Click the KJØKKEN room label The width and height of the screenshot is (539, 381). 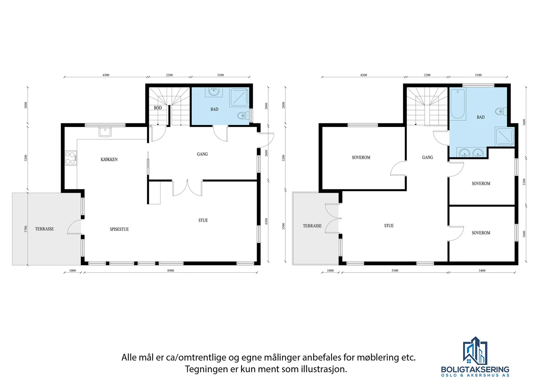pyautogui.click(x=109, y=160)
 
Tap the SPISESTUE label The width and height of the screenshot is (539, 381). pyautogui.click(x=119, y=229)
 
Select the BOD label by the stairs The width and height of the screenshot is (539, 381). pyautogui.click(x=158, y=108)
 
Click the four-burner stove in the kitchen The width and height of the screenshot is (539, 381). pyautogui.click(x=71, y=158)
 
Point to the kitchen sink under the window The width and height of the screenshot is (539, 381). pyautogui.click(x=105, y=132)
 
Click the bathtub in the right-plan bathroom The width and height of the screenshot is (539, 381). pyautogui.click(x=457, y=104)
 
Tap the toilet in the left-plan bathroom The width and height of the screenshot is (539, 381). pyautogui.click(x=242, y=116)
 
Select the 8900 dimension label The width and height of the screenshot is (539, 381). pyautogui.click(x=170, y=270)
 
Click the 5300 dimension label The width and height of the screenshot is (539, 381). pyautogui.click(x=395, y=270)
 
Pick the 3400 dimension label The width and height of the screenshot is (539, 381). pyautogui.click(x=482, y=270)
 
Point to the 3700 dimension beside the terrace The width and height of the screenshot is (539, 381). pyautogui.click(x=26, y=229)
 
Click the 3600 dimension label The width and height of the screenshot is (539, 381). pyautogui.click(x=524, y=122)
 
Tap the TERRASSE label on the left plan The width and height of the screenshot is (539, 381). pyautogui.click(x=44, y=229)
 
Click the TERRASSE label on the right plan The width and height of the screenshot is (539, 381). pyautogui.click(x=312, y=226)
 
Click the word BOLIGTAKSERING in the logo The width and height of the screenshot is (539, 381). pyautogui.click(x=475, y=369)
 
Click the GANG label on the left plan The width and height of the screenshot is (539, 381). pyautogui.click(x=202, y=154)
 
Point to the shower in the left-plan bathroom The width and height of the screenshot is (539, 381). pyautogui.click(x=239, y=97)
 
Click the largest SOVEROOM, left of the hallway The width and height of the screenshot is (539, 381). pyautogui.click(x=361, y=158)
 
